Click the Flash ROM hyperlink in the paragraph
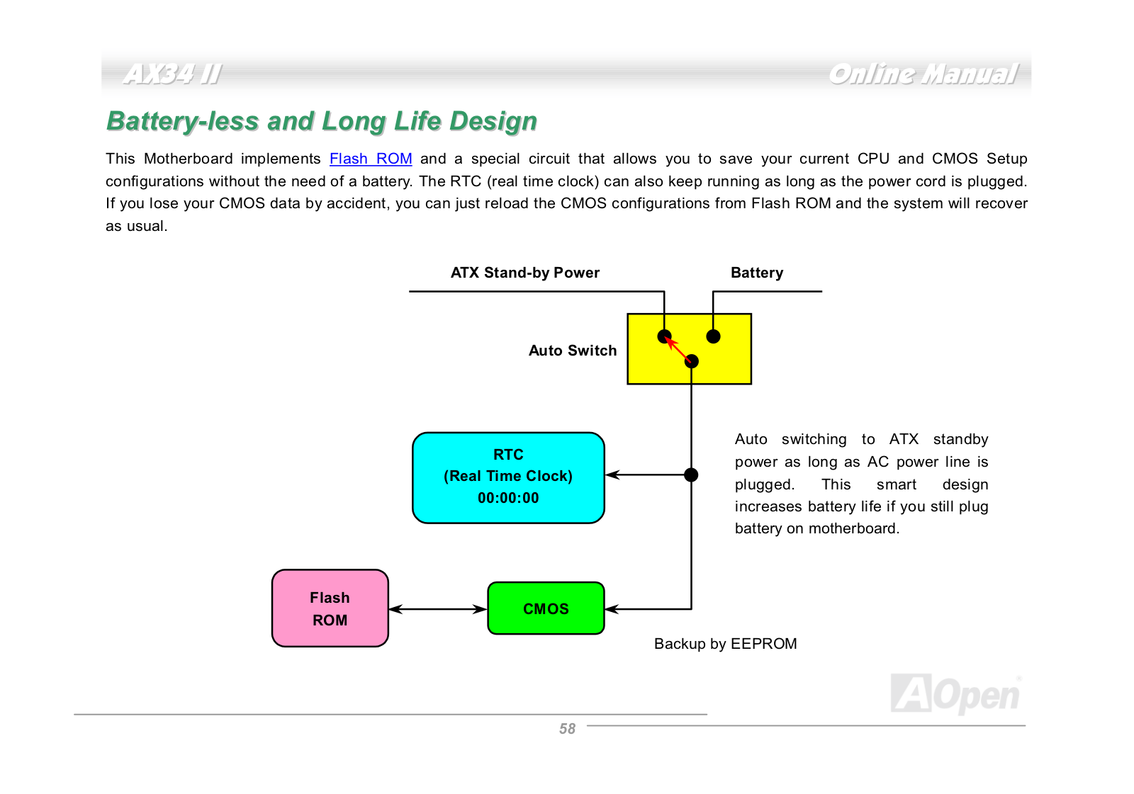371,159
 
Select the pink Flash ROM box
330,608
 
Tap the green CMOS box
546,608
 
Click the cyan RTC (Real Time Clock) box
508,477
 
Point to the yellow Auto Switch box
689,348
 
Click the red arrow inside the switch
678,348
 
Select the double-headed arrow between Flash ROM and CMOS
438,609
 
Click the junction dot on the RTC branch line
691,475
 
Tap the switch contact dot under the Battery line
713,336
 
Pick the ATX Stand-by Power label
525,273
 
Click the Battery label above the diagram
757,273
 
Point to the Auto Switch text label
573,350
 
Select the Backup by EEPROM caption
726,643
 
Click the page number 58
567,728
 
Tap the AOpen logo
956,694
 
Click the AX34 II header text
172,74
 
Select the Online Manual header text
923,74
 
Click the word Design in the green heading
493,121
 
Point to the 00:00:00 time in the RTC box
508,497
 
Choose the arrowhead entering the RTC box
612,475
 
